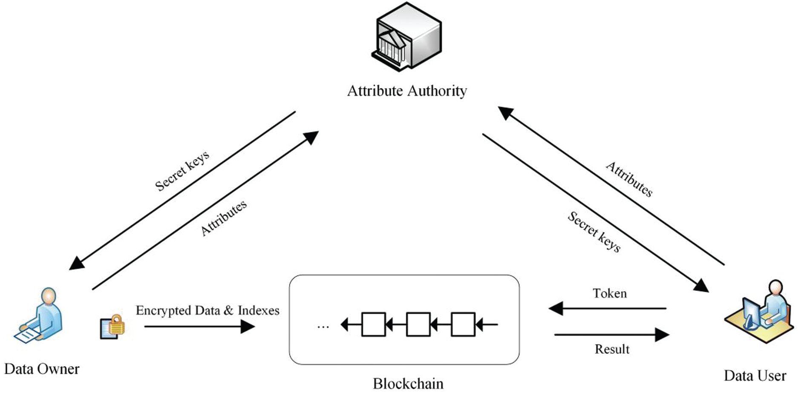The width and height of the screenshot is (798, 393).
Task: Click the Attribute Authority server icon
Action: pos(406,37)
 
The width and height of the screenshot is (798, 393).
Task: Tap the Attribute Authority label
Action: pos(407,91)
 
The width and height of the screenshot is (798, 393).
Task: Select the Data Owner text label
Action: pos(42,369)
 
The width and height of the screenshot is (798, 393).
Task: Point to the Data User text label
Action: pos(755,376)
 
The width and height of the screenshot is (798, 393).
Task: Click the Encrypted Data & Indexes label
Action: pos(207,310)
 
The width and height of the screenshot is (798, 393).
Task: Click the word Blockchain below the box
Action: pos(408,383)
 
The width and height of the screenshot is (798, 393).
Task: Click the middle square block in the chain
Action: pos(418,325)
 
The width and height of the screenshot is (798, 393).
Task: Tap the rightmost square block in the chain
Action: pos(463,325)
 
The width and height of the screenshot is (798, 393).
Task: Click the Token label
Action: pos(610,293)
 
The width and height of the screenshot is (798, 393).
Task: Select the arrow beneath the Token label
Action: pos(607,308)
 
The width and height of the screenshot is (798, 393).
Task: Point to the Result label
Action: pos(612,349)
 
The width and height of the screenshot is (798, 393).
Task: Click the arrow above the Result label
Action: pos(611,335)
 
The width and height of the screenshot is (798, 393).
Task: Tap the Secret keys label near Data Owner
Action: pos(182,171)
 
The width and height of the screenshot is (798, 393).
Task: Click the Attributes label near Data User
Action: pos(629,179)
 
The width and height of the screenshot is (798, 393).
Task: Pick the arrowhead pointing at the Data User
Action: pos(701,286)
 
